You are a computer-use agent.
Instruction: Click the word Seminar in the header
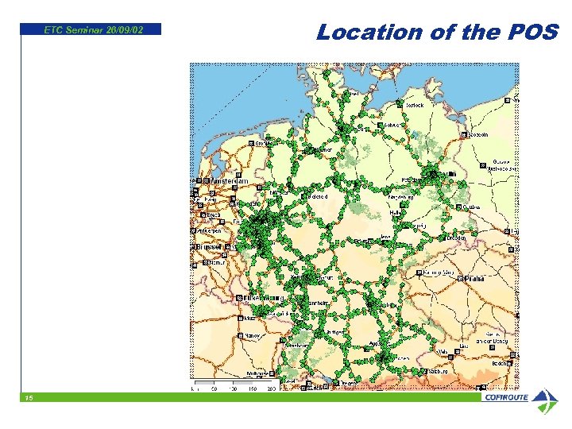[86, 30]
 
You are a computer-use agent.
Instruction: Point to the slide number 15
[28, 397]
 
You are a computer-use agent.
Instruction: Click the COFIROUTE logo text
[505, 397]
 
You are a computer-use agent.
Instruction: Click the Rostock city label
[415, 106]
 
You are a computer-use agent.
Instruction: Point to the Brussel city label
[209, 247]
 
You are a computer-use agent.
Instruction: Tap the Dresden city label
[456, 237]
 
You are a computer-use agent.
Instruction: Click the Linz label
[463, 346]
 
